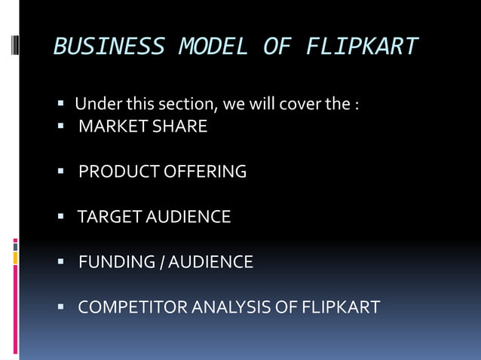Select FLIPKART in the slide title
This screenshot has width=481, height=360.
pyautogui.click(x=361, y=47)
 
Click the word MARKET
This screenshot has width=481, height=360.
pyautogui.click(x=113, y=127)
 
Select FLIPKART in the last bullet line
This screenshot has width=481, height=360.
pyautogui.click(x=340, y=307)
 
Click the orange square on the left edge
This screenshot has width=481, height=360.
pyautogui.click(x=15, y=258)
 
